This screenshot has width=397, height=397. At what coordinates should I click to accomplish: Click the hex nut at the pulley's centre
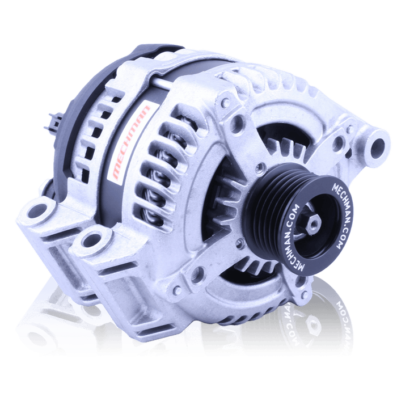pos(314,223)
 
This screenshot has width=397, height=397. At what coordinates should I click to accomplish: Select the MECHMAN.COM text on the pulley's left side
pos(297,240)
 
